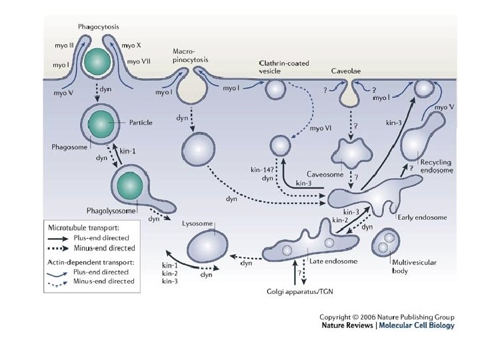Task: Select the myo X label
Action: pos(133,45)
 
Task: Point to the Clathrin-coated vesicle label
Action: pos(280,65)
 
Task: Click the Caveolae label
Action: pos(345,70)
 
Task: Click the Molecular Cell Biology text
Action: pos(421,326)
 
